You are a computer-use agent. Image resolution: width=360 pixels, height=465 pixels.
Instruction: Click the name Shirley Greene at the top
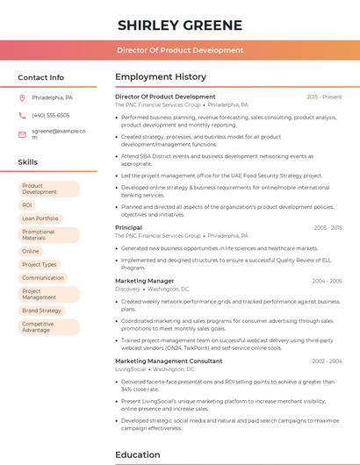pyautogui.click(x=180, y=24)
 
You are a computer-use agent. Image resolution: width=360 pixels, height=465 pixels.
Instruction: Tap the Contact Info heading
pyautogui.click(x=41, y=77)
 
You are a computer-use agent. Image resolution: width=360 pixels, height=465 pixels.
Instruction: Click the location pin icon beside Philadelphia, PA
pyautogui.click(x=22, y=97)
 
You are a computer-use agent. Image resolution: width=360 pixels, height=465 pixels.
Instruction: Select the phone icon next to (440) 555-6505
pyautogui.click(x=22, y=115)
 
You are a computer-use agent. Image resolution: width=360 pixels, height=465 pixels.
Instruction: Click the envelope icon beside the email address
pyautogui.click(x=22, y=134)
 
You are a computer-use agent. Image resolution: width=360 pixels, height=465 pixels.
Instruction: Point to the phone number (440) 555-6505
pyautogui.click(x=50, y=115)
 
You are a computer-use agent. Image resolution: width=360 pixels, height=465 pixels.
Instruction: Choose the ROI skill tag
pyautogui.click(x=27, y=204)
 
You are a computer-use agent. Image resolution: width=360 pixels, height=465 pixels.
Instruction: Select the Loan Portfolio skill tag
pyautogui.click(x=40, y=218)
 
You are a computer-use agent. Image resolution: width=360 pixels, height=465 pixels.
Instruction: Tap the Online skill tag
pyautogui.click(x=31, y=251)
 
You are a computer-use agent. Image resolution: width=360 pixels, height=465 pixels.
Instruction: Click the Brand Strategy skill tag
pyautogui.click(x=42, y=311)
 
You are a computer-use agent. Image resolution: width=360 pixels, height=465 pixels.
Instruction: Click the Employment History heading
pyautogui.click(x=161, y=77)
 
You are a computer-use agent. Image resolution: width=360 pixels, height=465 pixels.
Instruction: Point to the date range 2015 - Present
pyautogui.click(x=324, y=97)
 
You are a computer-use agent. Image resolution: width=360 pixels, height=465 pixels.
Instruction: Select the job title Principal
pyautogui.click(x=128, y=227)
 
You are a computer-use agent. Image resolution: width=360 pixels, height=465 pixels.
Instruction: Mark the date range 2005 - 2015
pyautogui.click(x=328, y=227)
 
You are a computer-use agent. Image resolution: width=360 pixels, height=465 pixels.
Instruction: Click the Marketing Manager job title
pyautogui.click(x=145, y=281)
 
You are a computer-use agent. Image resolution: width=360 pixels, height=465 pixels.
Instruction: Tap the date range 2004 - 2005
pyautogui.click(x=327, y=281)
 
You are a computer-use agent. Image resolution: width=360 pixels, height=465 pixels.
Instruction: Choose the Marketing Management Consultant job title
pyautogui.click(x=169, y=361)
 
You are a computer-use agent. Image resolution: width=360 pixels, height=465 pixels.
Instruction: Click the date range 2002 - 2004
pyautogui.click(x=327, y=361)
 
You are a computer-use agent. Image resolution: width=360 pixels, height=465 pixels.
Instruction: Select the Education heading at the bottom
pyautogui.click(x=138, y=455)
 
